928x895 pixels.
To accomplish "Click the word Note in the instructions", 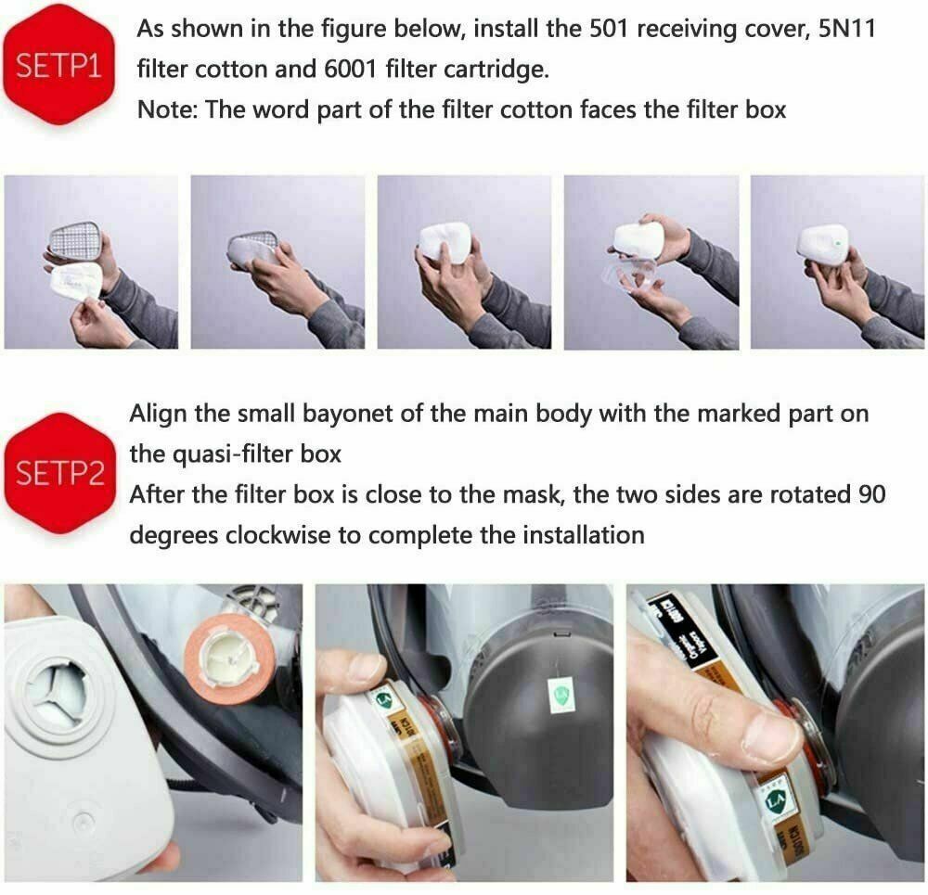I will (x=166, y=109).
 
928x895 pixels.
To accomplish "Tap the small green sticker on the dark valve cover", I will (x=559, y=695).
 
